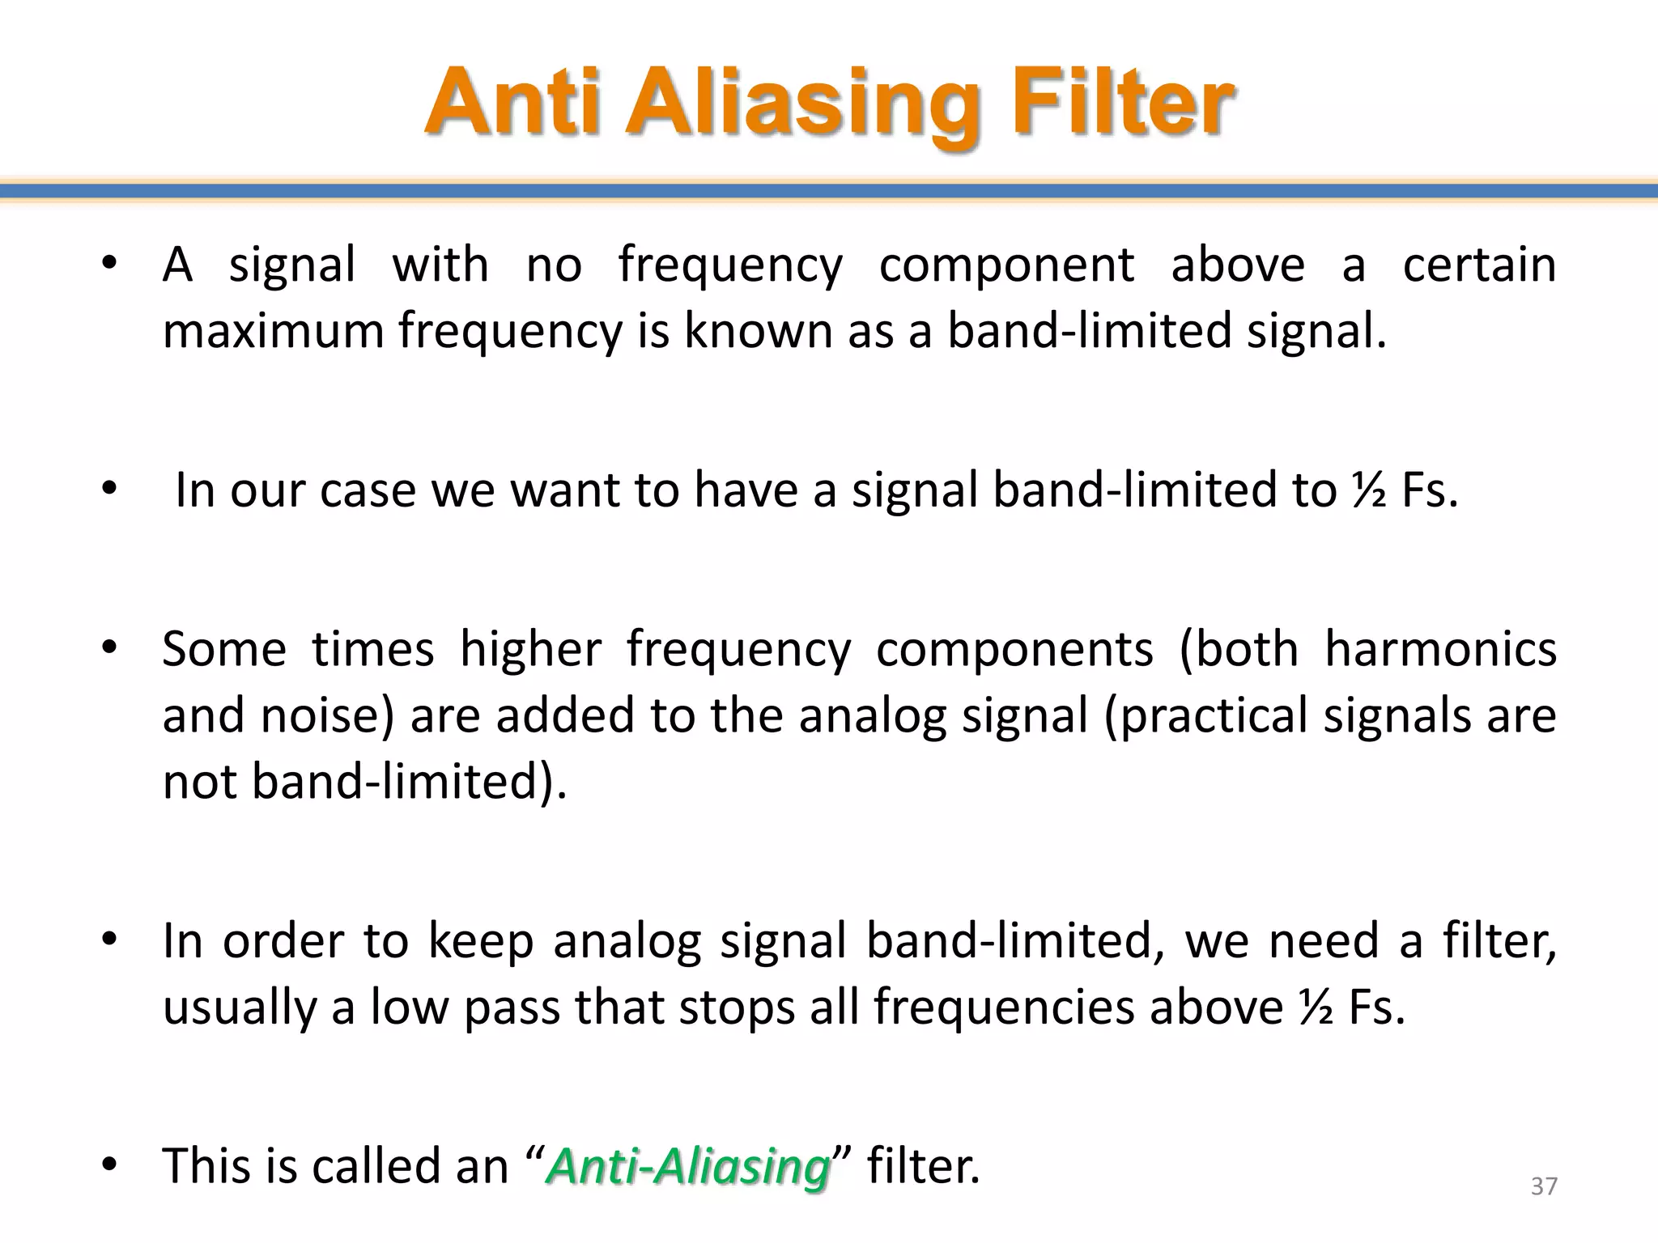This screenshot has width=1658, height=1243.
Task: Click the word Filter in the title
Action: pos(1122,104)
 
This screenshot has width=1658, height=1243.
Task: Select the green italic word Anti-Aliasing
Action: pos(689,1167)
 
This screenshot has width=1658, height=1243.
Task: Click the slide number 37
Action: pos(1544,1186)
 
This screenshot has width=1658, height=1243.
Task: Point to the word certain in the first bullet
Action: pos(1479,265)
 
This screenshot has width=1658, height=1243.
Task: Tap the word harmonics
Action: pos(1440,649)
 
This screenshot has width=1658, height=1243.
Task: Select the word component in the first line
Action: pos(1006,266)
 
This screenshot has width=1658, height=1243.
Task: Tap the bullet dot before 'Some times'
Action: pos(110,648)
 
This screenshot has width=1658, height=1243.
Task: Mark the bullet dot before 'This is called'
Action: pos(110,1165)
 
